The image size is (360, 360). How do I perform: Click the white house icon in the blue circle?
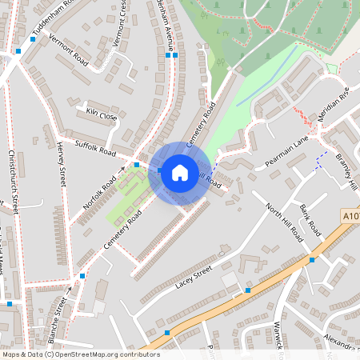coord(180,172)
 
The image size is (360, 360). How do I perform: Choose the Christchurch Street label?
coord(13,180)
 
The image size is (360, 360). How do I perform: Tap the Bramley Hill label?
coord(348,168)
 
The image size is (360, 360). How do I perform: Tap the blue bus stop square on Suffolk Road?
coord(137,164)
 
